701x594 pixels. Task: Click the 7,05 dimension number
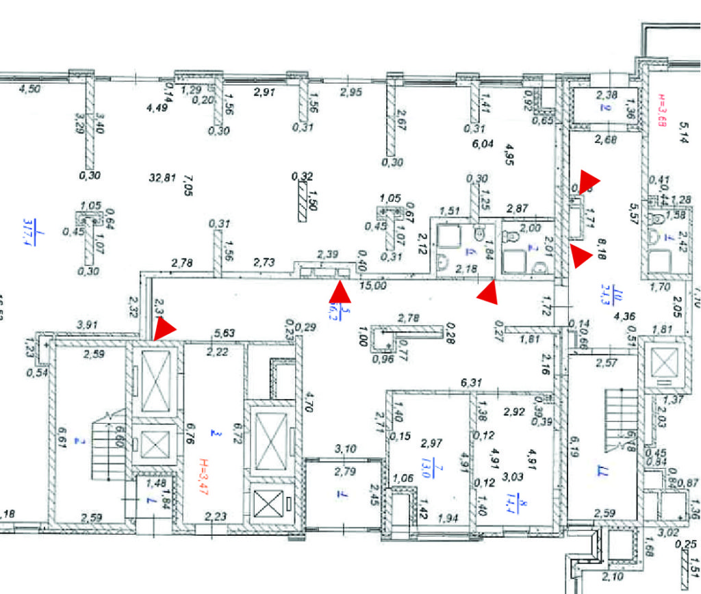point(190,185)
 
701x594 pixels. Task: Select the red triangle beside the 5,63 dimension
point(165,330)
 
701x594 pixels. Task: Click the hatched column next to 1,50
point(302,203)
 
